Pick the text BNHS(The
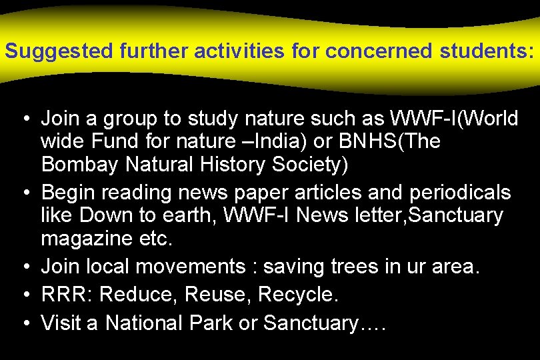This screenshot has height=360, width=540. (x=391, y=142)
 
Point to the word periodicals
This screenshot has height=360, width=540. (x=451, y=193)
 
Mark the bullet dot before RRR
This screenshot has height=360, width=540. (x=25, y=295)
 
